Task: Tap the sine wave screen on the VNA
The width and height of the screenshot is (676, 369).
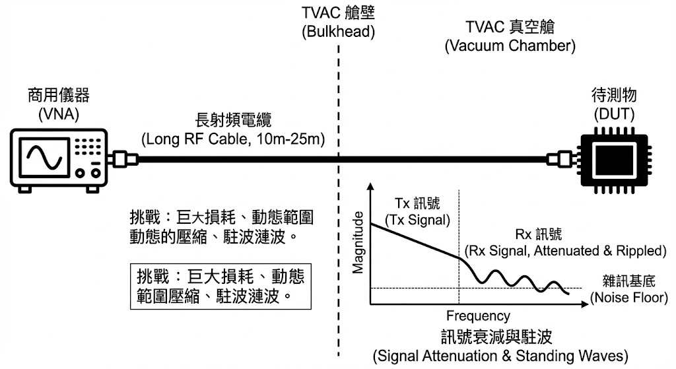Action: (45, 158)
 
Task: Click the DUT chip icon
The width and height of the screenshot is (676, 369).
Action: (611, 159)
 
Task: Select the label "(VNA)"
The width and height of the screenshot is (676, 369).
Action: (59, 114)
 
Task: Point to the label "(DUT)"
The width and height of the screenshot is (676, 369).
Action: (614, 114)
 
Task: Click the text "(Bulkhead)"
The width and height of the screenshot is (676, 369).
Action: (338, 31)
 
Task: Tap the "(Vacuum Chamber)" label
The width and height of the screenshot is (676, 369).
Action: (510, 46)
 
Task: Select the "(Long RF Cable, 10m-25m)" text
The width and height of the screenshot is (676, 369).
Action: (236, 140)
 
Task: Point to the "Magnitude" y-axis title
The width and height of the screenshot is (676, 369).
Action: (359, 242)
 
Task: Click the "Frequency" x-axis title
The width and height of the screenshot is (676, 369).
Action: (478, 316)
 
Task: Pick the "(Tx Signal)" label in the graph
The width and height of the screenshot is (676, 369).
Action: (417, 219)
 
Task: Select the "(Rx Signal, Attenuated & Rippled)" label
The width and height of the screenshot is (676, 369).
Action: (566, 251)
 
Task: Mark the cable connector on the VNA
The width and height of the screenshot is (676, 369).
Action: (124, 159)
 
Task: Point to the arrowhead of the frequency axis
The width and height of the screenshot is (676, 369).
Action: (584, 304)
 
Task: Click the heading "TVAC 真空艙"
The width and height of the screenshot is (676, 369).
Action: (510, 28)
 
